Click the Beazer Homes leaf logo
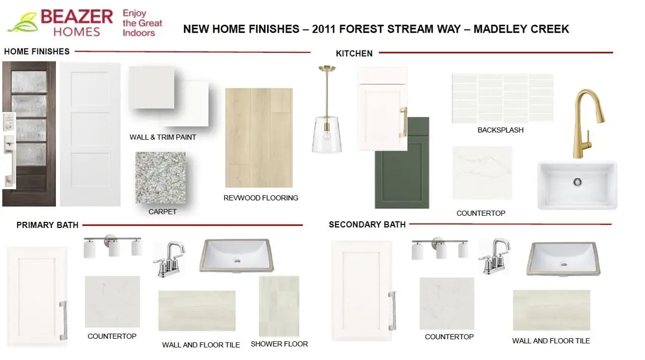point(23,23)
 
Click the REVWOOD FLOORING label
point(261,198)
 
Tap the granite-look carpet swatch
point(160,177)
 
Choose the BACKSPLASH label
point(500,130)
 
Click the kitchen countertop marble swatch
point(482,173)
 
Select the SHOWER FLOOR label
point(279,344)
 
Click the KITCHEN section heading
point(354,53)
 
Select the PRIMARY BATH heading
point(47,225)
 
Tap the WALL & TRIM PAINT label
point(163,137)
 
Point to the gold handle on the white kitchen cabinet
point(402,123)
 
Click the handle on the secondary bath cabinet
point(392,311)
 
